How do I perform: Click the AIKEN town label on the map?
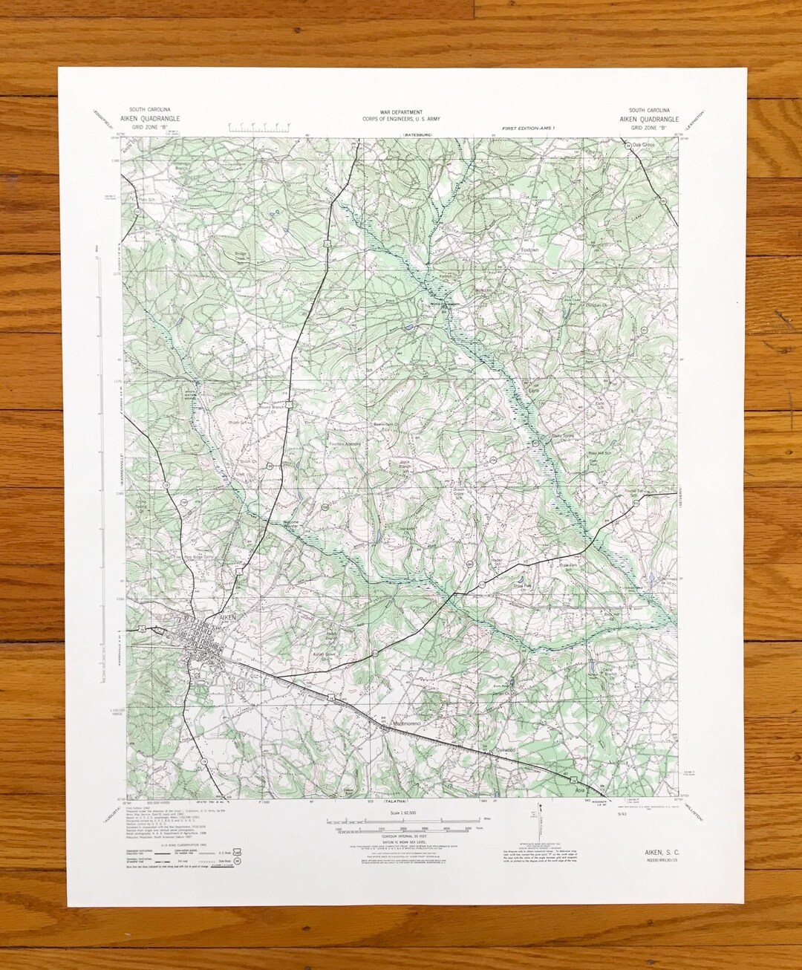(226, 616)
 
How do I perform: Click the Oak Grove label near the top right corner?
(645, 145)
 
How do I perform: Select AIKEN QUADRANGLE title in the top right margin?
(650, 119)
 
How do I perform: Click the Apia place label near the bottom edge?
(580, 790)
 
